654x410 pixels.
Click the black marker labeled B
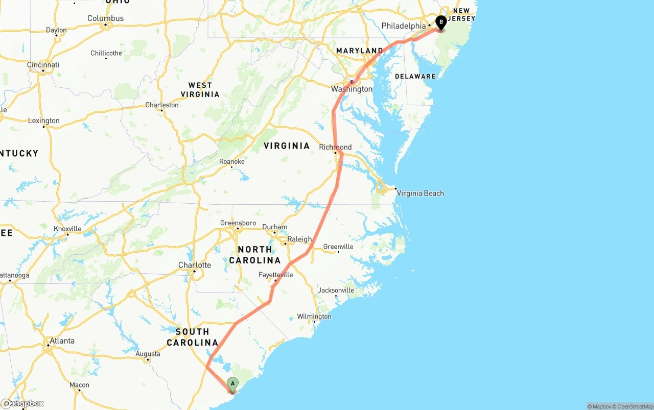tap(441, 22)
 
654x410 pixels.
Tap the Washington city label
tap(352, 89)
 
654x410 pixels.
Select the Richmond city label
tap(335, 147)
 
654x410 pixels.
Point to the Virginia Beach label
tap(420, 193)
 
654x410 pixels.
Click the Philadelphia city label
tap(403, 26)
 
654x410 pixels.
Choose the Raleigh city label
tap(299, 239)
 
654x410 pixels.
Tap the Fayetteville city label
tap(276, 275)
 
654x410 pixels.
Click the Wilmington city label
tap(314, 317)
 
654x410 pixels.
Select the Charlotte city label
tap(195, 265)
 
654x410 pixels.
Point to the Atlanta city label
tap(62, 341)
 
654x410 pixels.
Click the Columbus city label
tap(106, 18)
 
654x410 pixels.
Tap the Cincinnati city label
tap(43, 65)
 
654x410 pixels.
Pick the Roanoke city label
tap(232, 161)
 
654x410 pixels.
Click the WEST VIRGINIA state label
tap(200, 90)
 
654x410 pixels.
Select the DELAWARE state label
tap(415, 76)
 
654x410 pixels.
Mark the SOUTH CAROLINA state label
tap(193, 337)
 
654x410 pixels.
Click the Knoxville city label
tap(67, 229)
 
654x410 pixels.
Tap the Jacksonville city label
tap(336, 290)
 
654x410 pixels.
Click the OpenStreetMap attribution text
tap(634, 406)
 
